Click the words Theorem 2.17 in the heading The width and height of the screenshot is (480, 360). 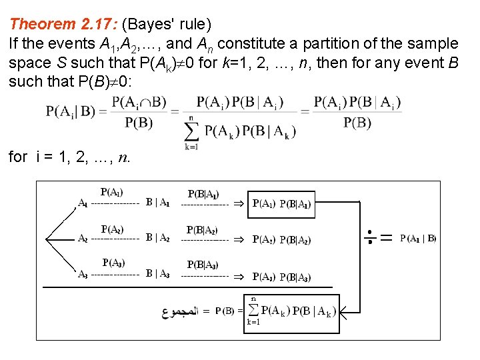pos(63,25)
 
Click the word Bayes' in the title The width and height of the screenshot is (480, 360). pos(149,25)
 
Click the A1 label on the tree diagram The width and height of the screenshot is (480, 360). pos(83,203)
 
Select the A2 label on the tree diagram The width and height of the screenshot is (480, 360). pos(83,238)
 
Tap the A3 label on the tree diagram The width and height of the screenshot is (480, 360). pos(83,273)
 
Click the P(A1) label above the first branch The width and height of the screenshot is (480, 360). pos(111,193)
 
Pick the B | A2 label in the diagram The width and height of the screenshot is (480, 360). pos(158,238)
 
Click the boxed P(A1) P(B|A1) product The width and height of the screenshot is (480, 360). pos(281,204)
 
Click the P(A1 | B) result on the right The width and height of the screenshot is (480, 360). pos(418,237)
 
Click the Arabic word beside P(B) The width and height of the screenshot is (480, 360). pos(180,311)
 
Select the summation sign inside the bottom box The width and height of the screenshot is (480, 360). pos(254,310)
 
